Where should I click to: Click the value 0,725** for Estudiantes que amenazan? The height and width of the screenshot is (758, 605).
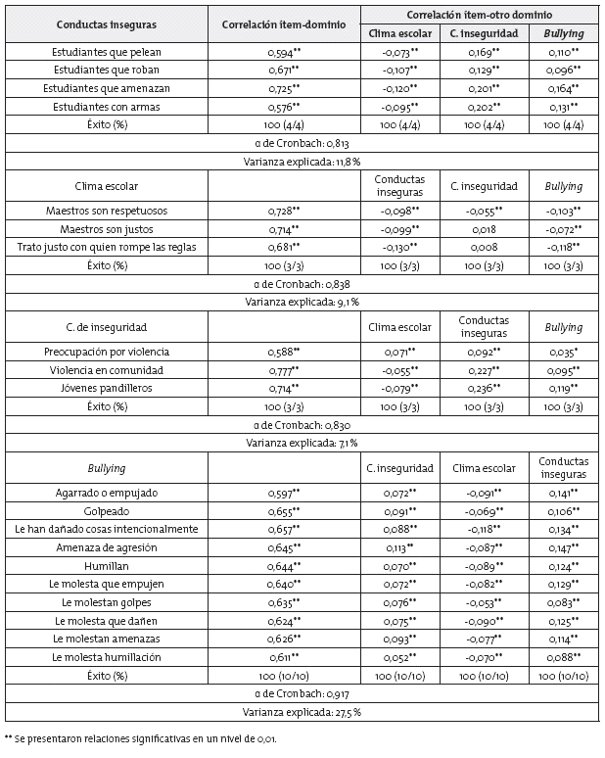point(284,88)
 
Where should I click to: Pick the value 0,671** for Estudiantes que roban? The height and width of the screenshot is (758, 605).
point(284,71)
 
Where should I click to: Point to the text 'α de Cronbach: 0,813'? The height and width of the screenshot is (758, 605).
point(302,143)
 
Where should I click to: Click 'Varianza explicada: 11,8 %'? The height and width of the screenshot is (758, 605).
point(302,161)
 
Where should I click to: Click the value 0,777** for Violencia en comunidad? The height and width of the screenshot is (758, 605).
point(284,370)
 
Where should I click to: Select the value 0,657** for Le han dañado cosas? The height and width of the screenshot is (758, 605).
point(284,529)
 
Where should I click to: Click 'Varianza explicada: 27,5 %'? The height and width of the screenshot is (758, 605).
point(302,711)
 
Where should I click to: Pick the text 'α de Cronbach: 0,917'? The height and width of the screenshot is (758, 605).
point(302,693)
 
